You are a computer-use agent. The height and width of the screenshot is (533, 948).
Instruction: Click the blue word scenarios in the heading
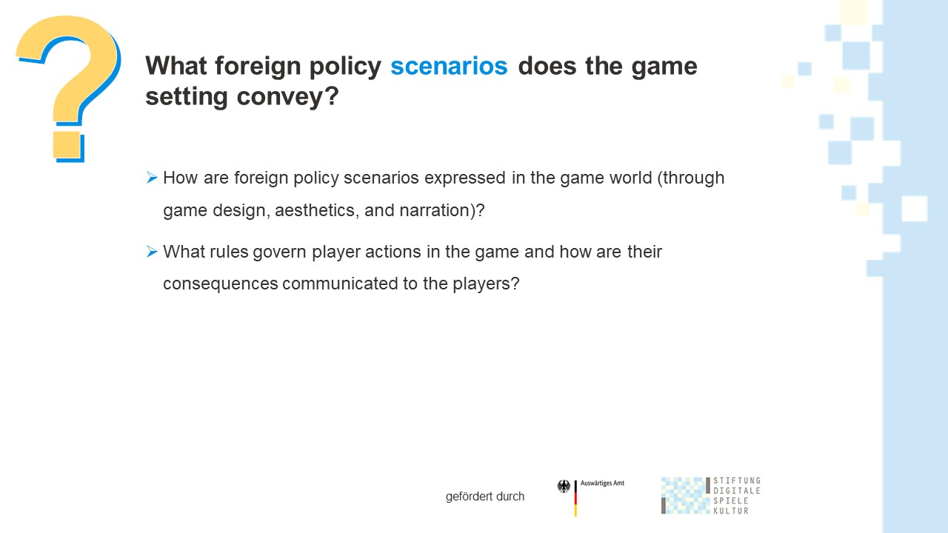(x=449, y=66)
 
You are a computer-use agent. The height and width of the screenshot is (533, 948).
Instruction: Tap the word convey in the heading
(x=288, y=97)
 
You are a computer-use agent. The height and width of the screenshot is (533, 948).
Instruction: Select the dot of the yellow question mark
(x=67, y=146)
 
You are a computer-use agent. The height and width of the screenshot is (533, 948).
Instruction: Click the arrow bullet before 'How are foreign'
(x=152, y=177)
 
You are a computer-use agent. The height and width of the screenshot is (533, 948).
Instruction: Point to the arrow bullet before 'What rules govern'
(x=152, y=251)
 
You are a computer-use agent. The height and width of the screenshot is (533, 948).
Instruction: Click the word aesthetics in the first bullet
(x=316, y=210)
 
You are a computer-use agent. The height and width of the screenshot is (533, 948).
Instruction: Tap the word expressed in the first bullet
(x=464, y=178)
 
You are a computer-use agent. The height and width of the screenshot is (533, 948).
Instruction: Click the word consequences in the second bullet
(x=221, y=284)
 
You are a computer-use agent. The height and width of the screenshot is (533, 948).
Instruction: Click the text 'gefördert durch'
(x=485, y=496)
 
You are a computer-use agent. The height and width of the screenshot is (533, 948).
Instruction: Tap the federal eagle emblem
(x=564, y=486)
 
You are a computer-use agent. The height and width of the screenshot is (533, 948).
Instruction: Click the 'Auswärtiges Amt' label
(x=602, y=483)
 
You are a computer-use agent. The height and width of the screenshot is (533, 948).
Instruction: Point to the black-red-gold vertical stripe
(x=575, y=498)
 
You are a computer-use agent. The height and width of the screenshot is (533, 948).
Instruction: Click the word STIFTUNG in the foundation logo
(x=737, y=480)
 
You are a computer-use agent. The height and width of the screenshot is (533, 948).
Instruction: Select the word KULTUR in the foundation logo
(x=731, y=511)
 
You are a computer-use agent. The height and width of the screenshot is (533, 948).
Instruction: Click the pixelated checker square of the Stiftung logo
(x=686, y=496)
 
